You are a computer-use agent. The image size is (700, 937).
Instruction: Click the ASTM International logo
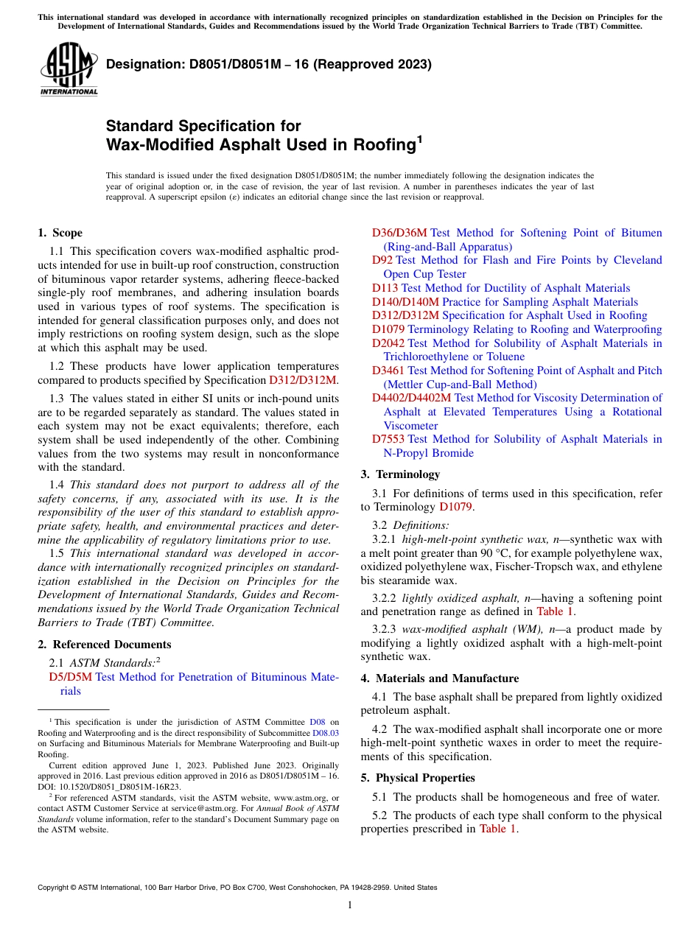point(69,69)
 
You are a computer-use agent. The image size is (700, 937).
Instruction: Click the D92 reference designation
point(382,260)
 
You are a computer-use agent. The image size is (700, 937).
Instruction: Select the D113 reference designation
point(385,288)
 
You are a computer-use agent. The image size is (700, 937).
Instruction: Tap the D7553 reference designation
point(388,439)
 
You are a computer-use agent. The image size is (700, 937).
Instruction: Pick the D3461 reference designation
point(388,371)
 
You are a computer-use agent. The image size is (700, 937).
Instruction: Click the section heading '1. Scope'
point(60,233)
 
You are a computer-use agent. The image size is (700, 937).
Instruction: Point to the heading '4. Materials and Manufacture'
point(439,678)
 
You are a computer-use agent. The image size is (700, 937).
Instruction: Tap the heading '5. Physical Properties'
point(418,778)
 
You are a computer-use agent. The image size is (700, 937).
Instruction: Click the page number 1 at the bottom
point(350,905)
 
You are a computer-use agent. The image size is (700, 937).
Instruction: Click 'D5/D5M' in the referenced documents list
point(71,677)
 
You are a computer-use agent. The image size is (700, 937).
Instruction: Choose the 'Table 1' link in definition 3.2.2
point(555,611)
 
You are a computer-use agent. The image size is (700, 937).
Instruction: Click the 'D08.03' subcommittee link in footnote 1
point(326,733)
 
